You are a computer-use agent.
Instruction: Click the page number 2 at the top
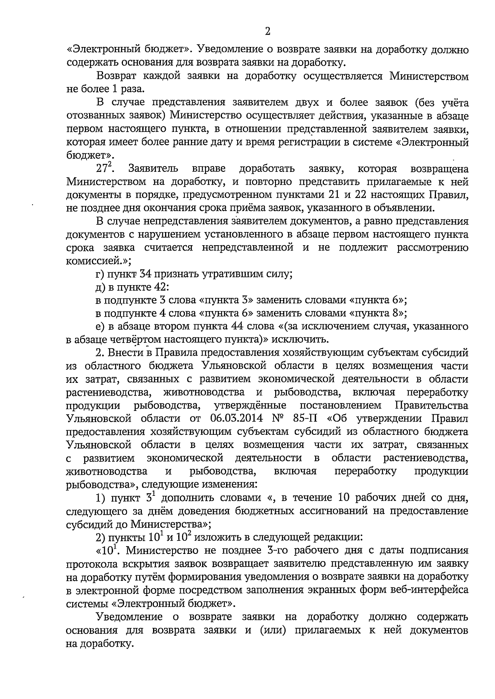[x=267, y=32]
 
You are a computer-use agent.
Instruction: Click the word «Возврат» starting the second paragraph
[x=115, y=76]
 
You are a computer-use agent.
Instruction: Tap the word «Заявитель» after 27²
[x=153, y=169]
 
